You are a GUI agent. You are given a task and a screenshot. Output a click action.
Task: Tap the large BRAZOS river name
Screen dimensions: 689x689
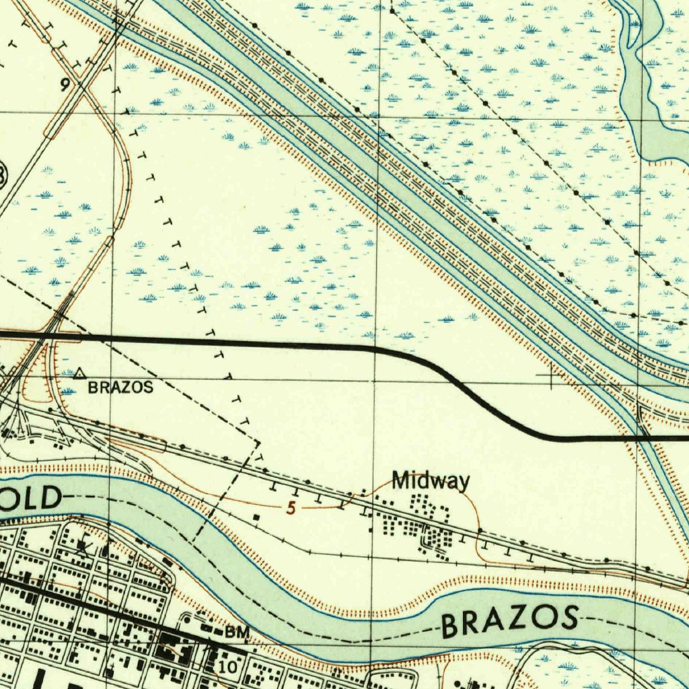click(x=509, y=621)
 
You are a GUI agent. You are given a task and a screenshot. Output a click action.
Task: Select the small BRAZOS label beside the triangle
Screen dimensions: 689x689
click(x=120, y=388)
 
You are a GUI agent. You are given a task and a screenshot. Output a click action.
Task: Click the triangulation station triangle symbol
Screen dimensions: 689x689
click(x=80, y=372)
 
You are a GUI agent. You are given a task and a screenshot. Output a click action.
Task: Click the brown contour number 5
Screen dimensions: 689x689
click(x=291, y=509)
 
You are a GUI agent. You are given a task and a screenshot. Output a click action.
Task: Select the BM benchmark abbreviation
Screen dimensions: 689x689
click(x=238, y=632)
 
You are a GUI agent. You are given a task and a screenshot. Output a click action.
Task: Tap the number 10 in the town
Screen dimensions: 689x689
click(x=227, y=667)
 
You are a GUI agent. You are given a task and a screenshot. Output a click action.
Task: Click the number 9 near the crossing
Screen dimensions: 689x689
click(x=65, y=85)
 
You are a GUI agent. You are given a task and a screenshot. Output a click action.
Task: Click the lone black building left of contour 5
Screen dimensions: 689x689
click(x=257, y=517)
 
